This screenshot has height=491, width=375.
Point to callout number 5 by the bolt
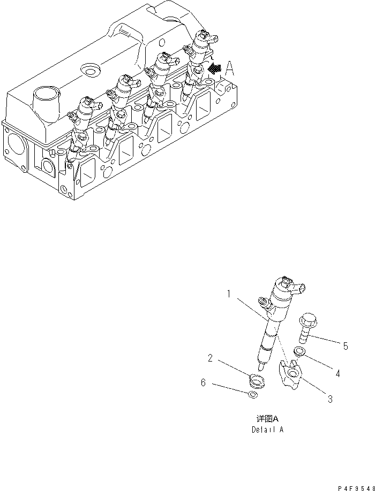(x=346, y=347)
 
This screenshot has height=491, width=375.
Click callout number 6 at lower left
(x=203, y=383)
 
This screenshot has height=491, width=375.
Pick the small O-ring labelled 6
(x=253, y=395)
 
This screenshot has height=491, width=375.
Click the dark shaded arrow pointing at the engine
(x=215, y=68)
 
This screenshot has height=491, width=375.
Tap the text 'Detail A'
(x=267, y=429)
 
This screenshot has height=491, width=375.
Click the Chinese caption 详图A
(x=267, y=420)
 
